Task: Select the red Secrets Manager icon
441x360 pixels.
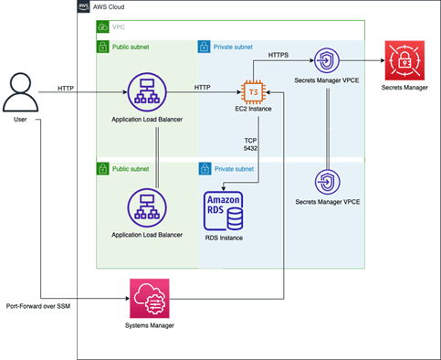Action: click(x=404, y=60)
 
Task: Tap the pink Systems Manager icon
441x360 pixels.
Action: click(x=150, y=299)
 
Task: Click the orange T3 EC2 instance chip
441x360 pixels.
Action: click(x=253, y=92)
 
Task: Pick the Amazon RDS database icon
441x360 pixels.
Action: click(x=224, y=211)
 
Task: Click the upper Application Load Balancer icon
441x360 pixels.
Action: click(x=147, y=92)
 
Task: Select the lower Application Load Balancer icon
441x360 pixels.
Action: click(x=147, y=208)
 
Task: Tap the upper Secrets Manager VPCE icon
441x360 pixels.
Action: click(x=327, y=60)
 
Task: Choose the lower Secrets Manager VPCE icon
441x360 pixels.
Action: click(x=328, y=182)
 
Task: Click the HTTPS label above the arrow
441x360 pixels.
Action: click(x=278, y=55)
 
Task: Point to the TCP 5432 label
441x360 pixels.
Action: click(x=250, y=144)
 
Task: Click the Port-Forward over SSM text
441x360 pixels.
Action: click(x=38, y=306)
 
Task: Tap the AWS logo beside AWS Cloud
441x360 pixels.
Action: click(x=84, y=6)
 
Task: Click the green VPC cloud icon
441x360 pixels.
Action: click(x=102, y=26)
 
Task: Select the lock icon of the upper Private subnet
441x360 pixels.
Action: click(x=204, y=47)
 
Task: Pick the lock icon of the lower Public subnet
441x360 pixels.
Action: click(x=102, y=169)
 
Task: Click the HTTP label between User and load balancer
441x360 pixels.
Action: click(x=66, y=89)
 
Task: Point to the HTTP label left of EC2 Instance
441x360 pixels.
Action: click(x=203, y=88)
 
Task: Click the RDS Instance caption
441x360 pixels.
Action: click(x=224, y=238)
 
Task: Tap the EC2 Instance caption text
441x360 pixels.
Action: click(x=253, y=109)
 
